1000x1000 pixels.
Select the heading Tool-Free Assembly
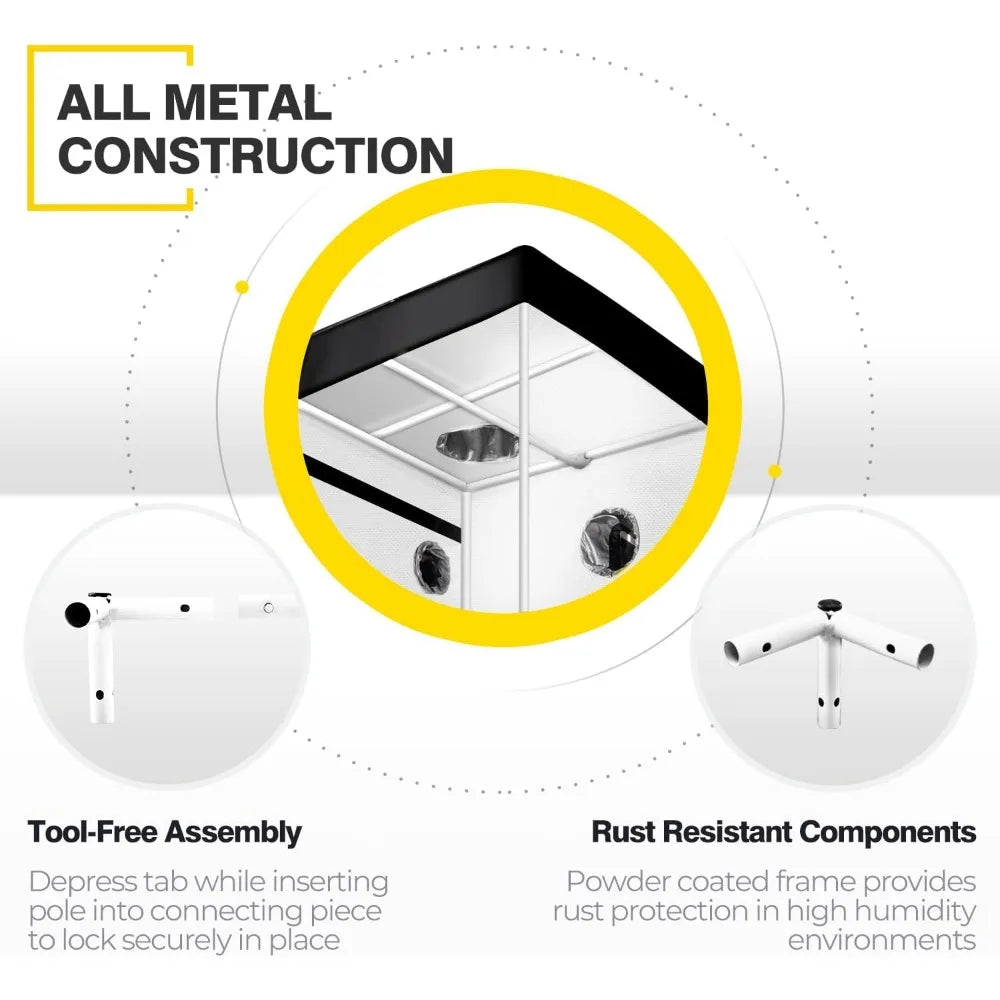[165, 831]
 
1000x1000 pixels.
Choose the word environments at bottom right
[881, 940]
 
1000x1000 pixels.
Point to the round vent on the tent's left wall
[433, 564]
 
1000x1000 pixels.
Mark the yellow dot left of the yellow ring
[241, 287]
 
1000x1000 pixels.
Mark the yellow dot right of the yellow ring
[774, 470]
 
